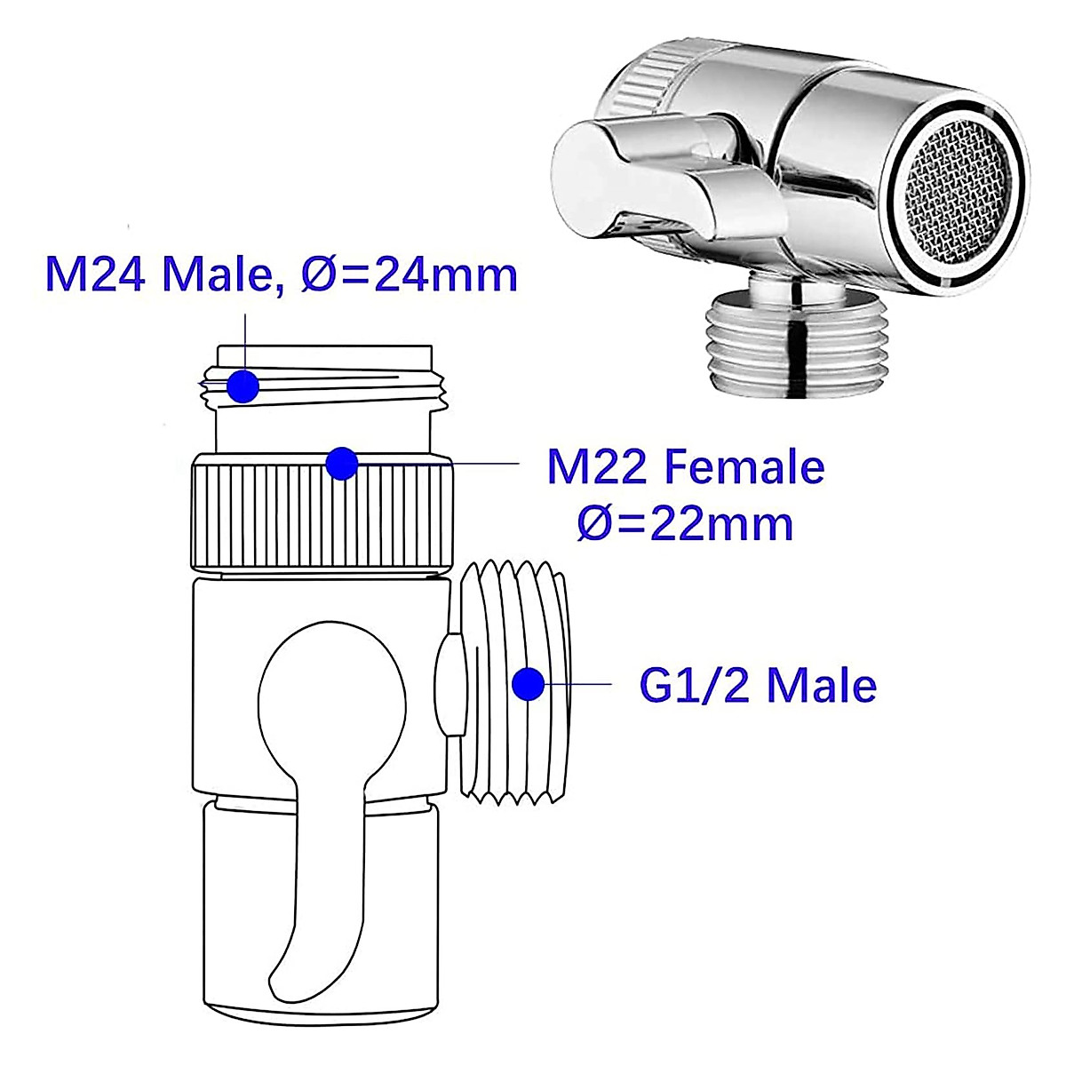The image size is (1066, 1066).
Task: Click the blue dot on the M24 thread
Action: coord(242,387)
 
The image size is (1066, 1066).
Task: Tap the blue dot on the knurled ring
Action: coord(341,463)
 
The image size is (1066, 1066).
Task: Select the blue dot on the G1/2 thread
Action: coord(529,684)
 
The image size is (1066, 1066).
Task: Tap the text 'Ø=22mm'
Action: coord(684,524)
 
